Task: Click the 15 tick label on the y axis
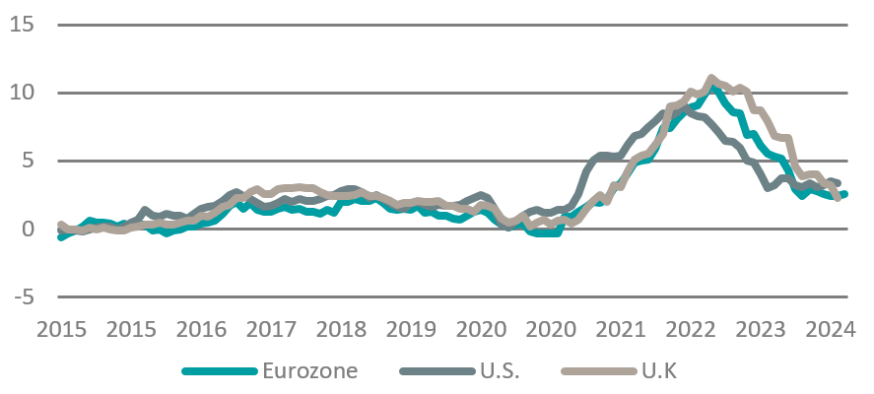click(23, 24)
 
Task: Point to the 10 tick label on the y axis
click(23, 92)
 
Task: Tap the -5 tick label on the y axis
click(22, 296)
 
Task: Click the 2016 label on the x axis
click(202, 327)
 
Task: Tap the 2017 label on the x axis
click(272, 327)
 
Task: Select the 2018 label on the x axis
click(342, 327)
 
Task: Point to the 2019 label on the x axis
click(412, 327)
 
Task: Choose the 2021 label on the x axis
click(622, 327)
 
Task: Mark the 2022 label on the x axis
click(692, 327)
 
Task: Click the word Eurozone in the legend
click(309, 370)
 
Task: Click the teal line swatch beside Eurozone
click(219, 371)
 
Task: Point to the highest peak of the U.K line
click(711, 77)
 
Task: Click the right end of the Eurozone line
click(844, 194)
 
